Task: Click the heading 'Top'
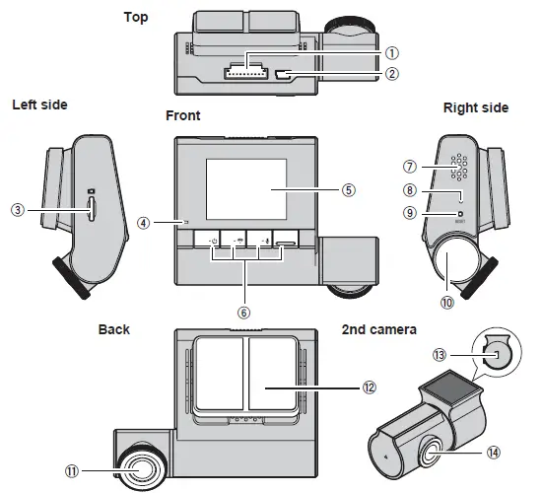(136, 17)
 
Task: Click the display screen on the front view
(244, 188)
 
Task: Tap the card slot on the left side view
(92, 207)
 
